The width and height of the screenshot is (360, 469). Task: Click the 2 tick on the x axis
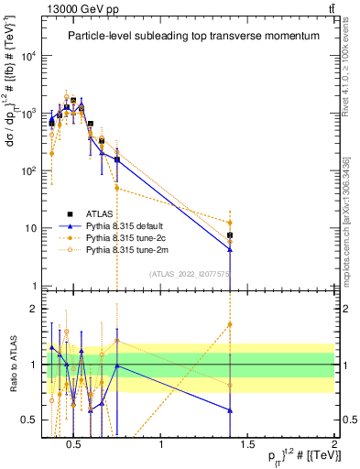[334, 445]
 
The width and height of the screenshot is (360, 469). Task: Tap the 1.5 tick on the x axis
[248, 445]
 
